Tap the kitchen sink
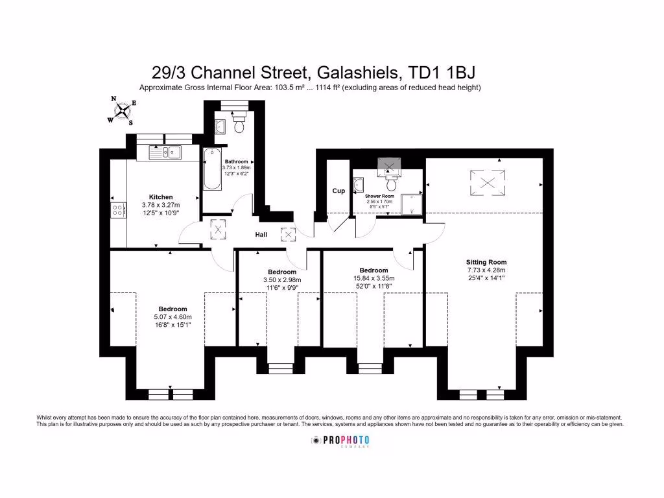[x=165, y=153]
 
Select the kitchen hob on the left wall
[x=119, y=210]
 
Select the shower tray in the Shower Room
[x=411, y=203]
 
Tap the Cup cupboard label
[x=338, y=191]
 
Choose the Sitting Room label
[x=486, y=263]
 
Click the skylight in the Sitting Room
[x=486, y=181]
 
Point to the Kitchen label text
[x=160, y=197]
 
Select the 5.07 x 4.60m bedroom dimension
[x=172, y=316]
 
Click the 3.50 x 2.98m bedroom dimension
[x=282, y=280]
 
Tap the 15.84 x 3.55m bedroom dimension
[x=373, y=278]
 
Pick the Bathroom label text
[x=236, y=161]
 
